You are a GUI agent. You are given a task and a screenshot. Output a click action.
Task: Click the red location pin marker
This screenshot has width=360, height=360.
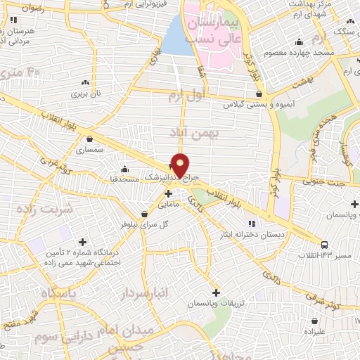click(181, 166)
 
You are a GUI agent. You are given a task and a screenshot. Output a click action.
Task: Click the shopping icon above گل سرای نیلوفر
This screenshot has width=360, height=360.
click(144, 214)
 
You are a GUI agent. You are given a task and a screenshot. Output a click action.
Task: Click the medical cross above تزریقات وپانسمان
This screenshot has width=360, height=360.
click(216, 292)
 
